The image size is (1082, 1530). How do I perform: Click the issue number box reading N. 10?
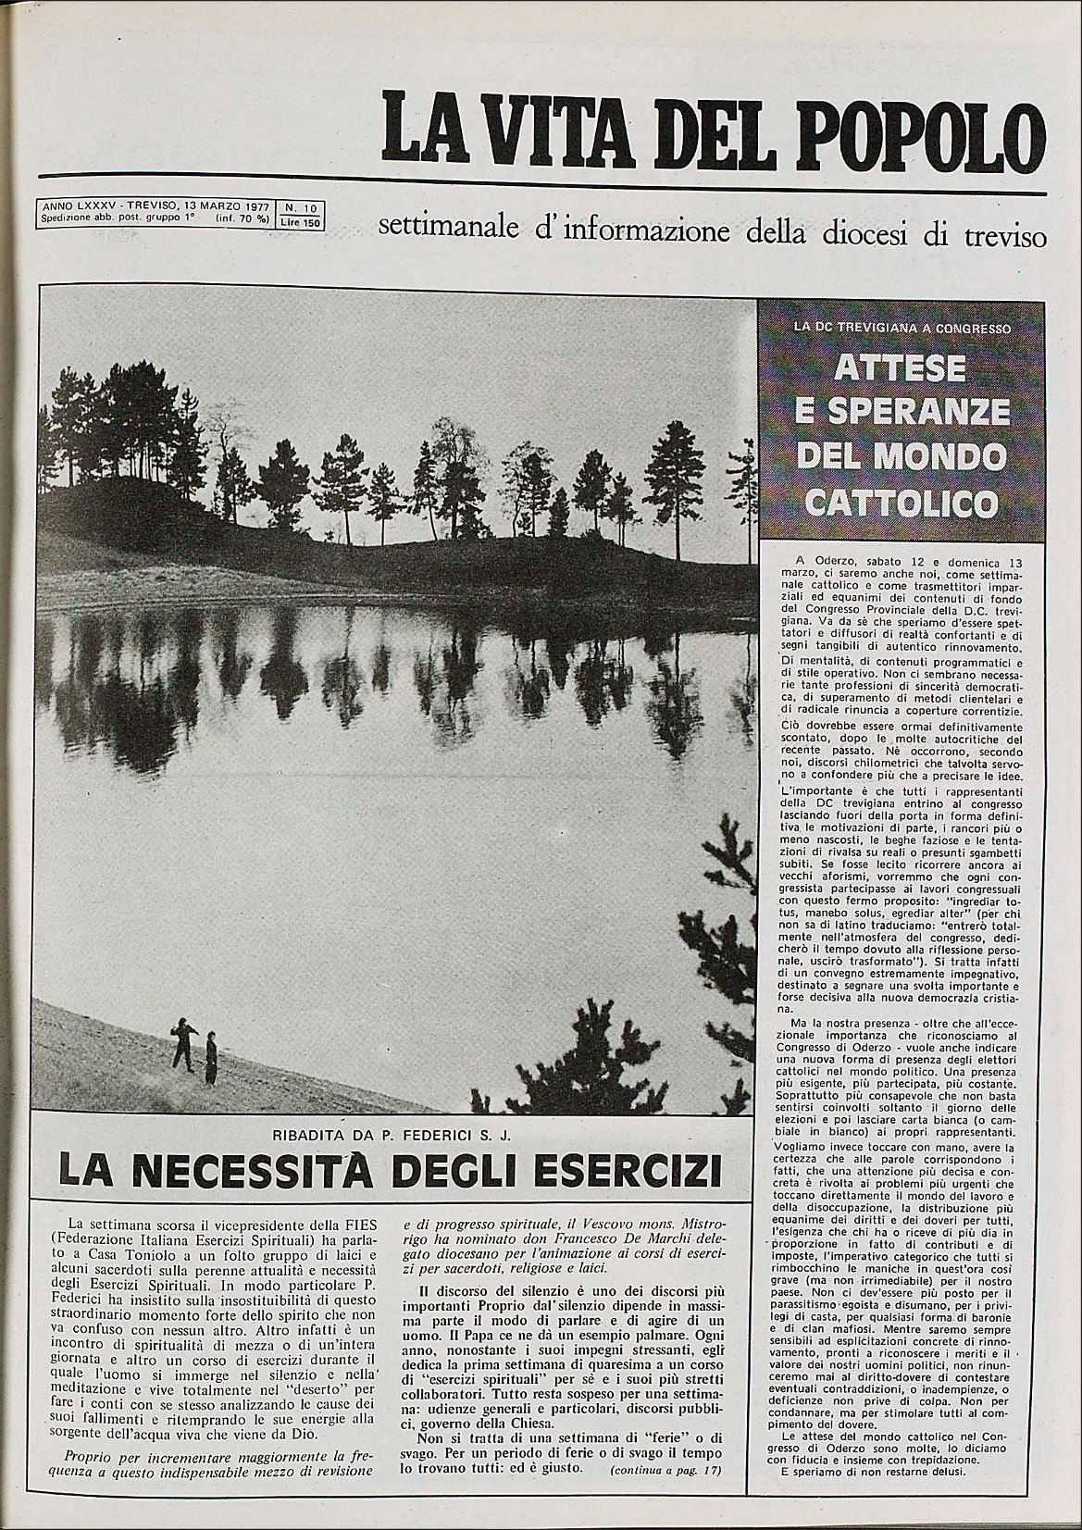(x=301, y=208)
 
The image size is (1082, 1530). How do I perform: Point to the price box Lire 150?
(x=301, y=222)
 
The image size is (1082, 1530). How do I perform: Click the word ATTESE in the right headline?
(x=887, y=368)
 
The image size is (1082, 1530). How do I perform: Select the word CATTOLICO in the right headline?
(x=889, y=504)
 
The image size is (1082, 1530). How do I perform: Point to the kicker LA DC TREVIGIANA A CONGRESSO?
(x=887, y=327)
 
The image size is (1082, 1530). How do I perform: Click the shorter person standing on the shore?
(x=211, y=1058)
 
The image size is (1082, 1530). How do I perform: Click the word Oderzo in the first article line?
(x=837, y=561)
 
